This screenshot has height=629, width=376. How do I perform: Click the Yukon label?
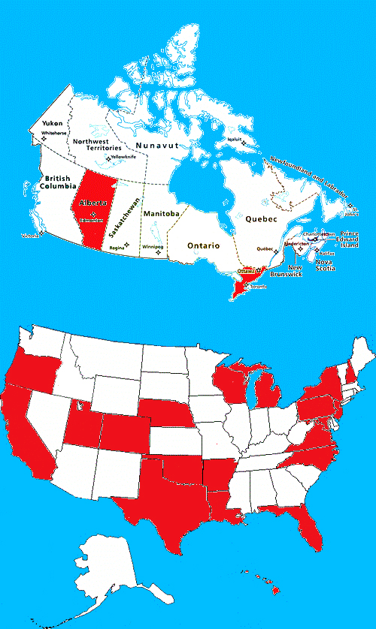coord(52,122)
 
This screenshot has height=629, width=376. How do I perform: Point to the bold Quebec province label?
coord(262,218)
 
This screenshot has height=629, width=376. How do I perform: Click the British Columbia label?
coord(59,182)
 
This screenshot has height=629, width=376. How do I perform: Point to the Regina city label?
coord(117,247)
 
